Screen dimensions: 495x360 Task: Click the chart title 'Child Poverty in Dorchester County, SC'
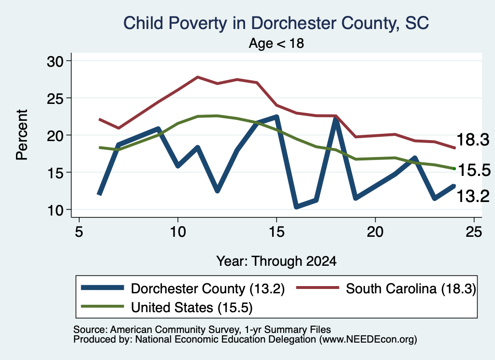coord(276,23)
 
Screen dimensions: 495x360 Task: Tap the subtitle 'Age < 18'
coord(276,43)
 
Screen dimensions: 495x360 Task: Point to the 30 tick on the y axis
coord(55,61)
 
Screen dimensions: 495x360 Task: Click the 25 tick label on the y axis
coord(55,99)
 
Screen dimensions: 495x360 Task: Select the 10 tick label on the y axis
coord(55,210)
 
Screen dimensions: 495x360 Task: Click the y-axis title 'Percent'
coord(22,135)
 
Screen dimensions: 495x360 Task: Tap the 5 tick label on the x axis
coord(79,232)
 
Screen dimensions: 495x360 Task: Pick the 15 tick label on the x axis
coord(277,232)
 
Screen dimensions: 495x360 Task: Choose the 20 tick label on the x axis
coord(375,232)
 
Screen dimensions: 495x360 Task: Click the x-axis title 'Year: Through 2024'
coord(276,261)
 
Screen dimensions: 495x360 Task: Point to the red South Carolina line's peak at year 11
coord(198,77)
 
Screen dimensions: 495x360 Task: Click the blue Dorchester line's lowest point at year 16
coord(296,206)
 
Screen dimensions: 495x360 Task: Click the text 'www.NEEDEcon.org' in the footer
coord(368,339)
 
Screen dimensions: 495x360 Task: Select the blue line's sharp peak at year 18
coord(336,119)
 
